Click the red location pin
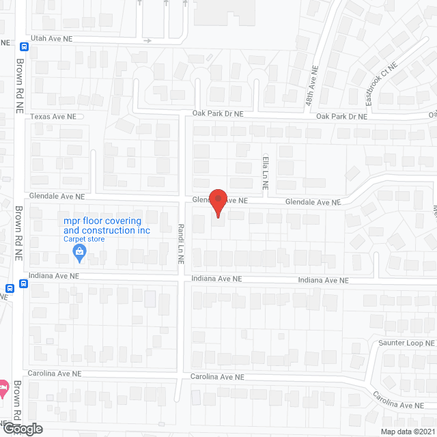coord(218,203)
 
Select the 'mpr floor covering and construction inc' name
coord(106,225)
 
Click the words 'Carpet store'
coord(84,239)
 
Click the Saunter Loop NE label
coord(407,343)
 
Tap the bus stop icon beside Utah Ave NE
coord(24,47)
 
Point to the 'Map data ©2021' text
coord(408,432)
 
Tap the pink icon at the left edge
coord(3,389)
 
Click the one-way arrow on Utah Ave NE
coord(147,41)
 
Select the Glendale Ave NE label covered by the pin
coord(218,201)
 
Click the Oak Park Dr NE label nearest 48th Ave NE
coord(341,117)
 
